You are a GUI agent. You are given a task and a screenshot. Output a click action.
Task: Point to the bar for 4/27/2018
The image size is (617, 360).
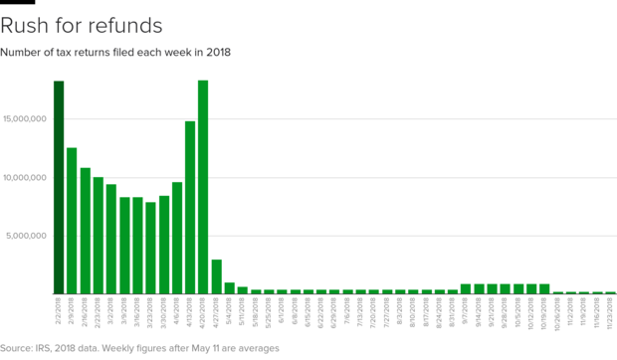pos(216,276)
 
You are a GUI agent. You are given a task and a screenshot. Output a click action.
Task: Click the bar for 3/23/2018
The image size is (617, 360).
pos(150,248)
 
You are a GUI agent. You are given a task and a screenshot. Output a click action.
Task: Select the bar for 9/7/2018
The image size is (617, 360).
pos(466,288)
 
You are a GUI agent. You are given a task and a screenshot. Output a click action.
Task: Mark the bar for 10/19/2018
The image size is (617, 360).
pos(544,288)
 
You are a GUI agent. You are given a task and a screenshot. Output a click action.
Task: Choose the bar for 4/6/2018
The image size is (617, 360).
pos(177,238)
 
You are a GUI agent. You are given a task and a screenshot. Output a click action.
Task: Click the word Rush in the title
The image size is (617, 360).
pos(26,23)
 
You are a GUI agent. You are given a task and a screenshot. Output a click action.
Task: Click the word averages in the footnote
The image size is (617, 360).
pos(258,348)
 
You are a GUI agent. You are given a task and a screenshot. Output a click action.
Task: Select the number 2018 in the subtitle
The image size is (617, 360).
pos(218,52)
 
